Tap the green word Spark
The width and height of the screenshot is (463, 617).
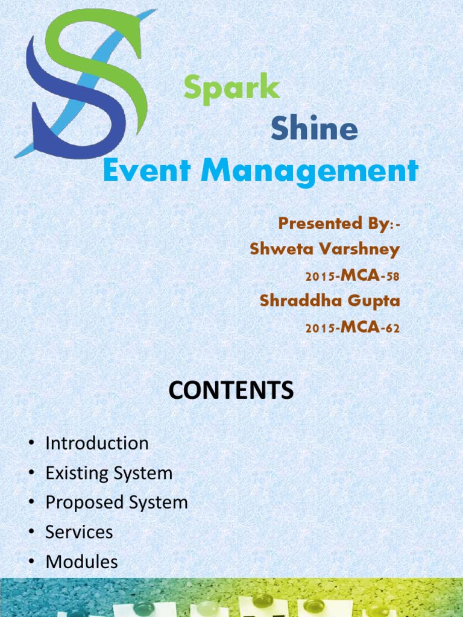(232, 89)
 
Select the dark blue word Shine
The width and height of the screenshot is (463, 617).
(314, 129)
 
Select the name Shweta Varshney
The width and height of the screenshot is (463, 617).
(325, 249)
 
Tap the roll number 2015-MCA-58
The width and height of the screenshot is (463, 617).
(353, 276)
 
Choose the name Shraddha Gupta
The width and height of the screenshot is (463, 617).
(330, 300)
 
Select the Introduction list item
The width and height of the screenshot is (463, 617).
(97, 443)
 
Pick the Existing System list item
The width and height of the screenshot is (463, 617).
(109, 473)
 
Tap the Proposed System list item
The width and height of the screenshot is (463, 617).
(117, 503)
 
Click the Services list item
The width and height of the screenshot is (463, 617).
(79, 532)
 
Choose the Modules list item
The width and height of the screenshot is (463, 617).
(81, 562)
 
